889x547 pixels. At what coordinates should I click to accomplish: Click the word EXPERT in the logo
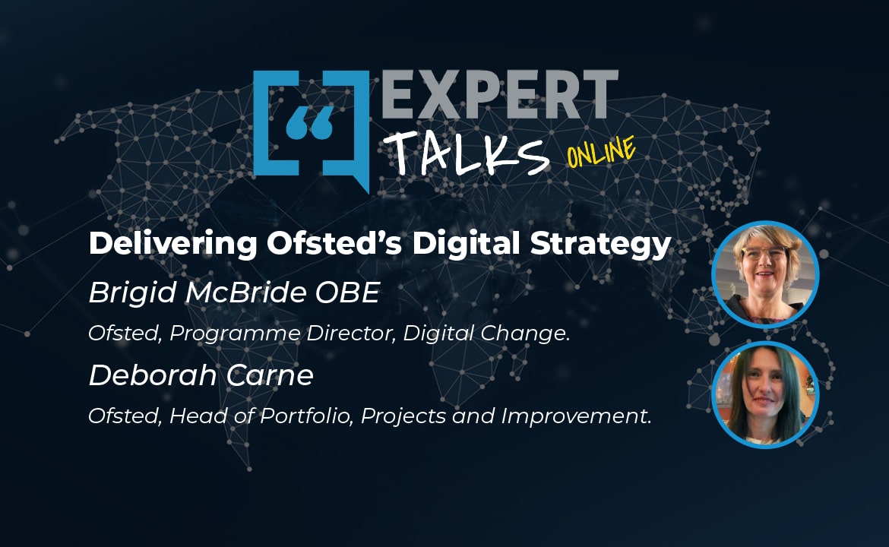tap(500, 94)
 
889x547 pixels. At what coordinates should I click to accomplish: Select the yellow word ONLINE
tap(601, 151)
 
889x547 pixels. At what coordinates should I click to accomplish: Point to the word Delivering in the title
tap(173, 244)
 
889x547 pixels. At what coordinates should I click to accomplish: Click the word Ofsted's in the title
tap(334, 243)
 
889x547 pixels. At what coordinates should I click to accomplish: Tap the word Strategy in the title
tap(600, 245)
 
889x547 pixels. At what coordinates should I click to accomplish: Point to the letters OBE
tap(347, 293)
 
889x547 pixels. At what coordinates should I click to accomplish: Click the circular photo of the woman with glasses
tap(765, 274)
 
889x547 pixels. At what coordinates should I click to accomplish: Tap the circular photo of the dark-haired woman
tap(765, 394)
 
